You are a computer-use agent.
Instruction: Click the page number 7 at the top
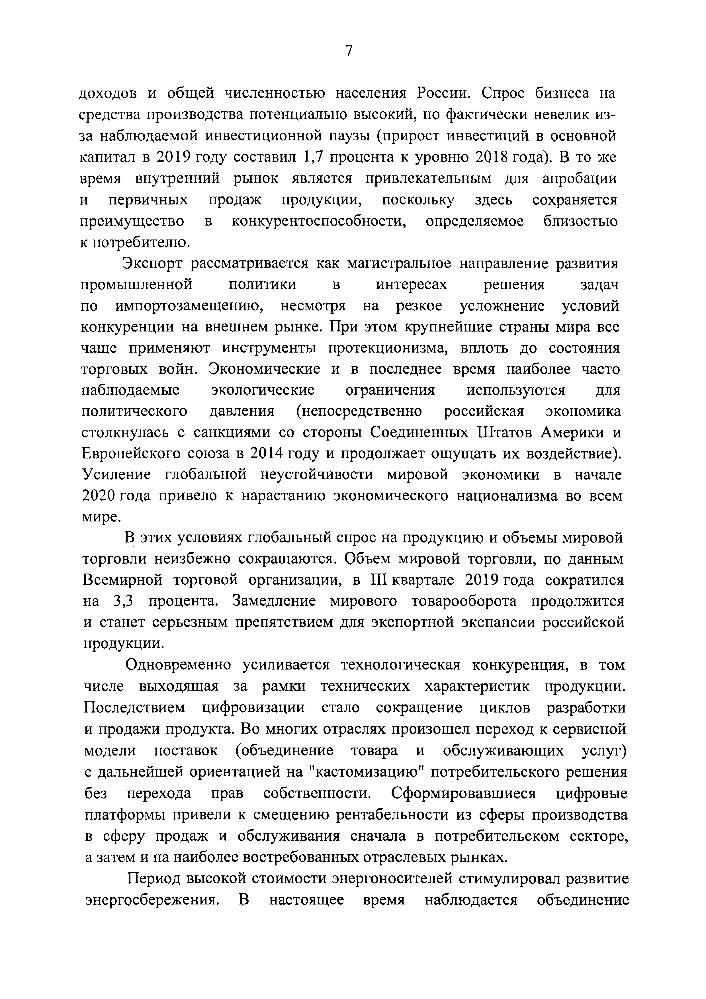(x=348, y=51)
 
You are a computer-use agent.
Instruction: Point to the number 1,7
(x=311, y=157)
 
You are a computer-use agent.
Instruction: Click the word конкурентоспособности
(x=319, y=222)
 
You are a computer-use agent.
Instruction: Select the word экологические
(x=263, y=390)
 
